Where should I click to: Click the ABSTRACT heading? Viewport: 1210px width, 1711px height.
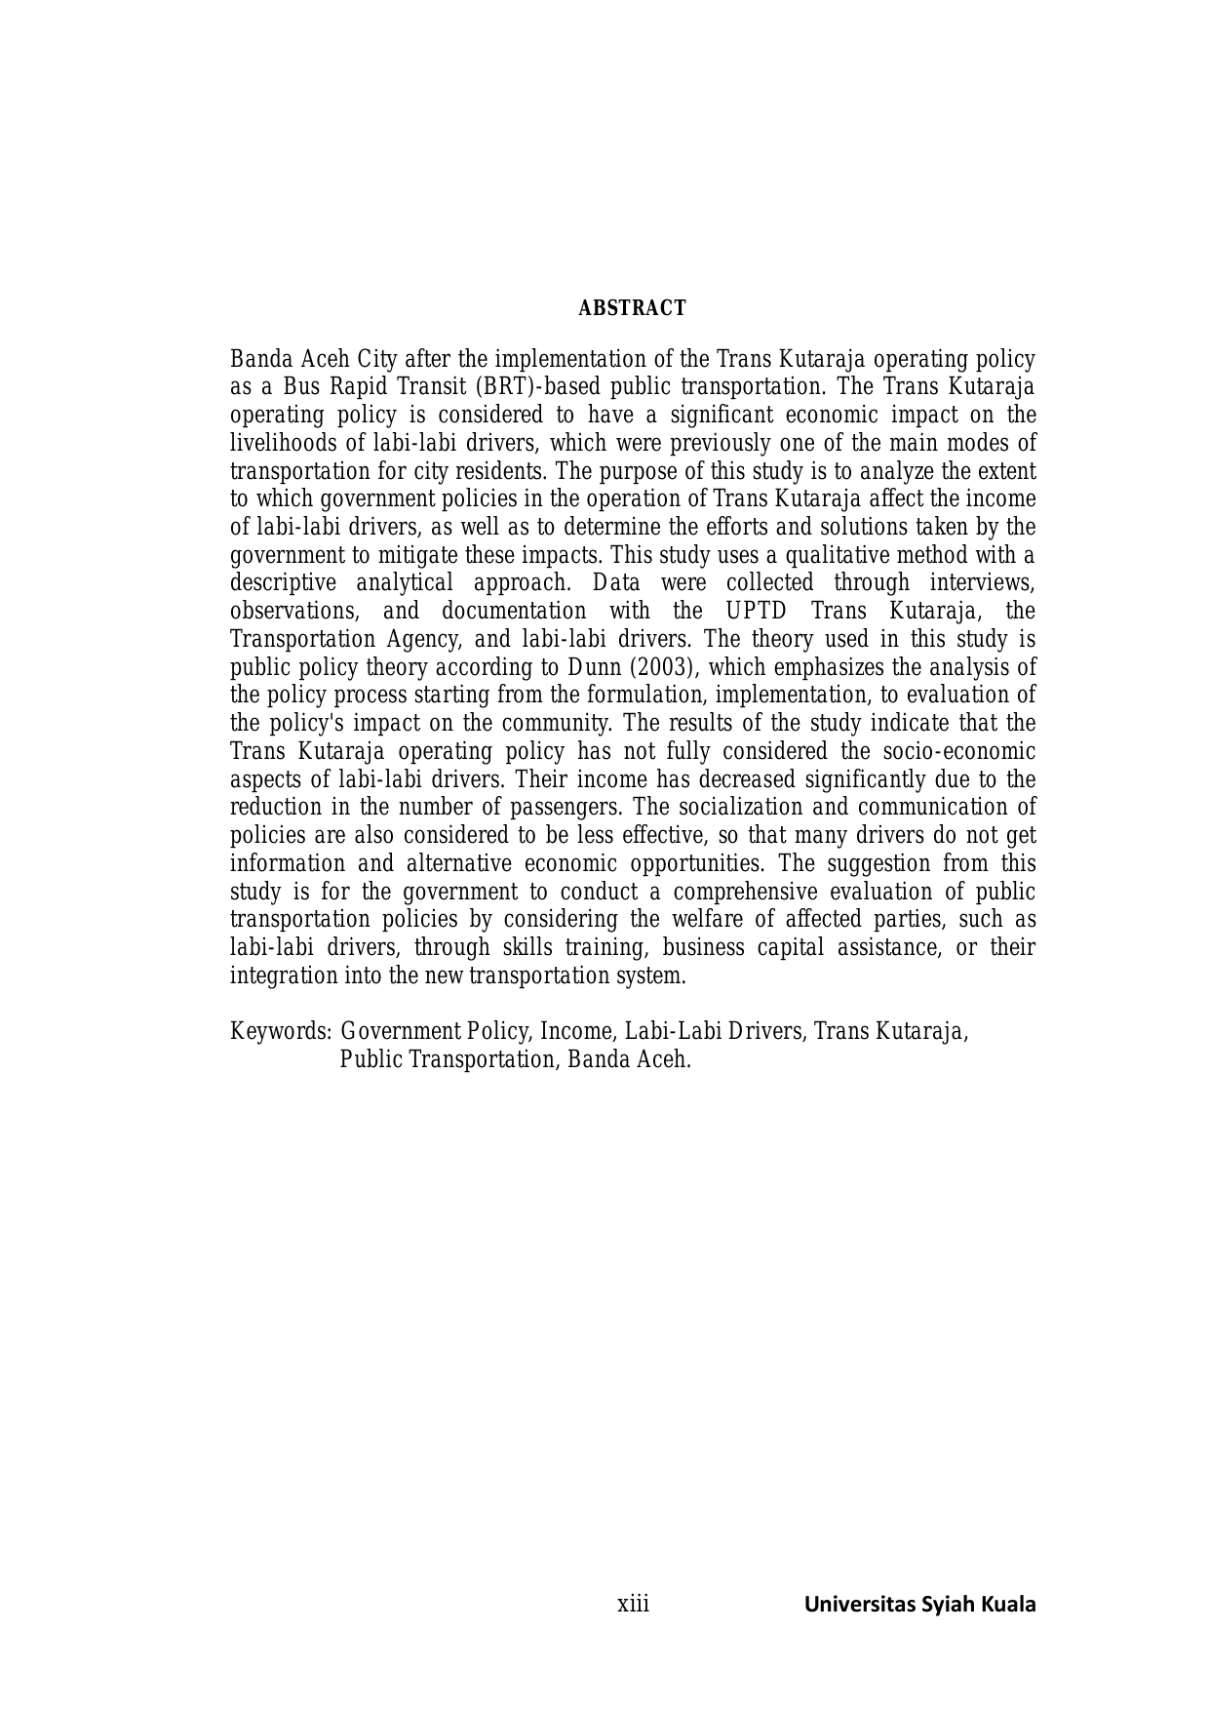pyautogui.click(x=632, y=309)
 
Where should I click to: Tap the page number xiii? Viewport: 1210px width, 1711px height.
pyautogui.click(x=633, y=1604)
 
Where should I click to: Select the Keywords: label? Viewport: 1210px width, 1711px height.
pyautogui.click(x=281, y=1032)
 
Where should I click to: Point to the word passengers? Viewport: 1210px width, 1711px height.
pyautogui.click(x=574, y=809)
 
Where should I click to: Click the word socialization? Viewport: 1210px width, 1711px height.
pyautogui.click(x=721, y=809)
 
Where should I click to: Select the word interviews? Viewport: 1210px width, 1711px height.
pyautogui.click(x=982, y=583)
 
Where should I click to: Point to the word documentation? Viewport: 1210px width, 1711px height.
pyautogui.click(x=514, y=612)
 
